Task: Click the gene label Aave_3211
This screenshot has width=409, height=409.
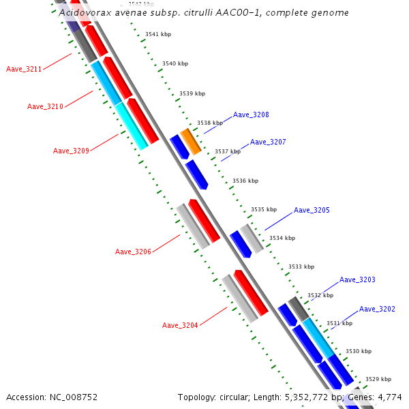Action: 24,69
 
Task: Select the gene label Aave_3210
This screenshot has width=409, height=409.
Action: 45,106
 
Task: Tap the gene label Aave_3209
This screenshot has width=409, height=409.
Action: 71,151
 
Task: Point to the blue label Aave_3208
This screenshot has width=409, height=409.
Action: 251,115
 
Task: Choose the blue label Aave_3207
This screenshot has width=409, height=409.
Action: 268,142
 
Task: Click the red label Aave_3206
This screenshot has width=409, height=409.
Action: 133,252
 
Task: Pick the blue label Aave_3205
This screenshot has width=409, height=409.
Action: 312,210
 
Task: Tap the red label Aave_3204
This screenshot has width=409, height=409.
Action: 180,325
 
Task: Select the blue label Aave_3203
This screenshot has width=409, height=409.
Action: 357,279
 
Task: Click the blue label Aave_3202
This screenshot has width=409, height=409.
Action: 377,309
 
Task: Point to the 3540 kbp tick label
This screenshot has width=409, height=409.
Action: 175,63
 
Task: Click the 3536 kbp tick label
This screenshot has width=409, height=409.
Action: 245,181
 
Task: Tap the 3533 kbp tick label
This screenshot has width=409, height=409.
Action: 301,267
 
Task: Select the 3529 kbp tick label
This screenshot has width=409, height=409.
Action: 378,379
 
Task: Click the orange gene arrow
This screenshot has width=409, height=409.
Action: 190,140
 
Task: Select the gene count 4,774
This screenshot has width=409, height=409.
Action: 389,397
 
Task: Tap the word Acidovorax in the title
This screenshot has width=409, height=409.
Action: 82,12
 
